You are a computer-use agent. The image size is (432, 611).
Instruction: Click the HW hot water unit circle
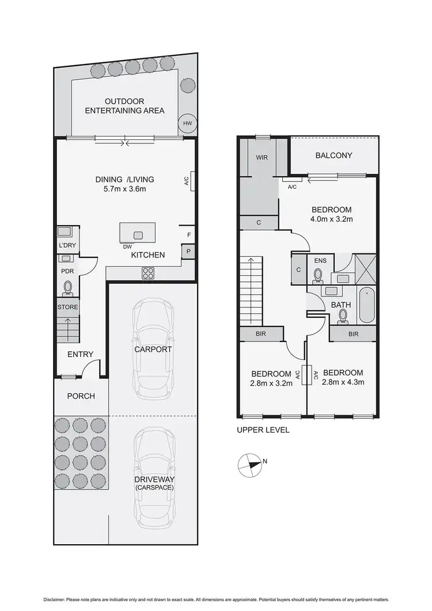187,123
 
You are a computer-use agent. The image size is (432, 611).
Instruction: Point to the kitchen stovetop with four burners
148,274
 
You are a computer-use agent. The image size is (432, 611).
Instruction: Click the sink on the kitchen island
138,235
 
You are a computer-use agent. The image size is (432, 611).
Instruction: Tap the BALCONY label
334,155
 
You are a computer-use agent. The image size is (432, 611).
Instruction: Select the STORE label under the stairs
67,307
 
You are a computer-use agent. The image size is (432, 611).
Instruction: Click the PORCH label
81,396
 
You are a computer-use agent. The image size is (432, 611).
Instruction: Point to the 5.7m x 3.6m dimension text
125,189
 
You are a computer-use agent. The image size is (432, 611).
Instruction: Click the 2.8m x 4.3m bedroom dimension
342,381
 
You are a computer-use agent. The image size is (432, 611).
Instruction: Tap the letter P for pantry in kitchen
188,252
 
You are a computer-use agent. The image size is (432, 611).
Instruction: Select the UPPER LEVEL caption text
263,430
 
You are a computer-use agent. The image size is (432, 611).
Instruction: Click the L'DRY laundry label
67,246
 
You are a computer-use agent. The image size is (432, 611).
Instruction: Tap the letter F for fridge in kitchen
188,235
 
